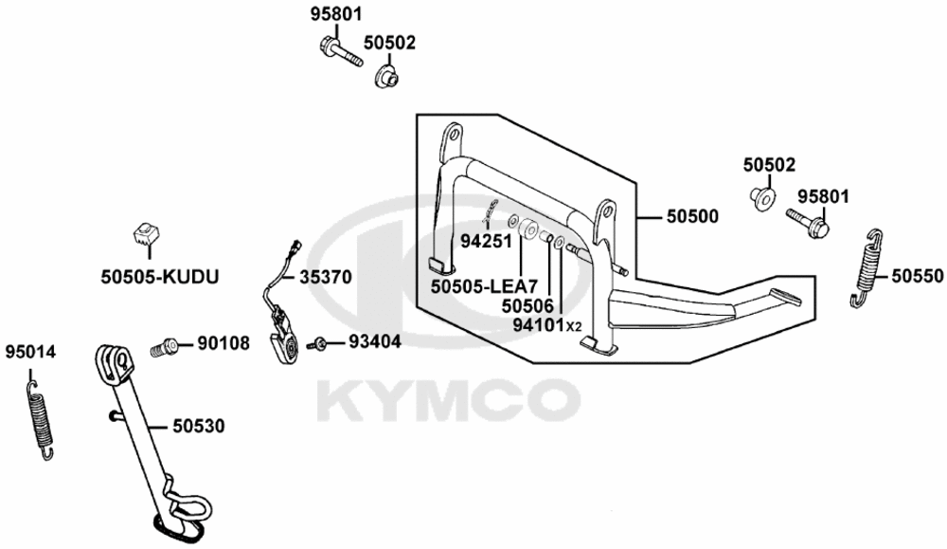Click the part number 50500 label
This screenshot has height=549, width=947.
(x=692, y=216)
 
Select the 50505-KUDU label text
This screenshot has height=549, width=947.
(x=159, y=277)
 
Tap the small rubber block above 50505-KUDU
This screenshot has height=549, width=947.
(x=147, y=234)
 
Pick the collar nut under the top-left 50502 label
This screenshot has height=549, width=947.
(x=387, y=76)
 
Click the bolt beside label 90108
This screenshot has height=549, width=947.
(x=163, y=348)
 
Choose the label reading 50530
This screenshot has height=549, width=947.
(x=198, y=427)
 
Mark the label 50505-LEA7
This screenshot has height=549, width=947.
(x=484, y=286)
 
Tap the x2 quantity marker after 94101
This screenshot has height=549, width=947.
(x=574, y=327)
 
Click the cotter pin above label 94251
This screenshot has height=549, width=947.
(x=490, y=210)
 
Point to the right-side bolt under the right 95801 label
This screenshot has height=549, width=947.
(x=808, y=222)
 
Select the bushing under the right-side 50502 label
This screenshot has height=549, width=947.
(x=763, y=198)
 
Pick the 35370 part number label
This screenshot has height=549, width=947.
(x=326, y=277)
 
